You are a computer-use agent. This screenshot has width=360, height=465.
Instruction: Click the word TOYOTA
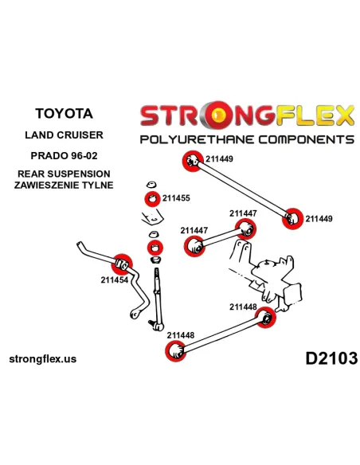click(x=64, y=113)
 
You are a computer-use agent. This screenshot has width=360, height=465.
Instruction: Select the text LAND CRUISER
click(x=64, y=135)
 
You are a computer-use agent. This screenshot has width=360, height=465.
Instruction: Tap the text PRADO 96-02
click(x=64, y=155)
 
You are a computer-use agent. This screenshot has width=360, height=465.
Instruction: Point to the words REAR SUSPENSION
click(x=64, y=174)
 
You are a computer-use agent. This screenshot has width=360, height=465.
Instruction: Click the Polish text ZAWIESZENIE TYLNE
click(x=64, y=185)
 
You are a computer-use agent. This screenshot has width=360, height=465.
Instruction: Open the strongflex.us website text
click(x=43, y=359)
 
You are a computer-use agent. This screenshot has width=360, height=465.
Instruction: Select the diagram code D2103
click(x=331, y=358)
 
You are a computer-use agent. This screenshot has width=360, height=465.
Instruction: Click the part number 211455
click(x=176, y=198)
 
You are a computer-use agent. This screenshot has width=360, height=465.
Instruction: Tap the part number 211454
click(x=115, y=279)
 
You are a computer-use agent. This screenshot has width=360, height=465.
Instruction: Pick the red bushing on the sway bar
click(x=122, y=264)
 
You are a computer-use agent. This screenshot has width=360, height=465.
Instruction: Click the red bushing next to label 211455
click(x=152, y=199)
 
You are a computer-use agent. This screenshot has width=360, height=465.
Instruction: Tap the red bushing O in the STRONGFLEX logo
click(x=218, y=115)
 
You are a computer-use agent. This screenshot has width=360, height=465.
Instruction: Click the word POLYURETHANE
click(x=197, y=139)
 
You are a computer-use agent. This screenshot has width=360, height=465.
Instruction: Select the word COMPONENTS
click(x=307, y=139)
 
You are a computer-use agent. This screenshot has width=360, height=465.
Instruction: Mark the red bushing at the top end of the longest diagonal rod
click(x=193, y=162)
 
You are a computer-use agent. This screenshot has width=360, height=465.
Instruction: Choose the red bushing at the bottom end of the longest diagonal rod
click(x=292, y=218)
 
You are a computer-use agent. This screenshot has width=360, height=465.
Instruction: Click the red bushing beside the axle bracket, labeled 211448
click(x=266, y=318)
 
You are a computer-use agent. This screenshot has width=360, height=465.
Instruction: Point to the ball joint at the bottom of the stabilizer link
click(x=157, y=325)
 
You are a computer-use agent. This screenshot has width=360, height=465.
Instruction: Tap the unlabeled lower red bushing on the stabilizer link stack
click(x=155, y=248)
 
